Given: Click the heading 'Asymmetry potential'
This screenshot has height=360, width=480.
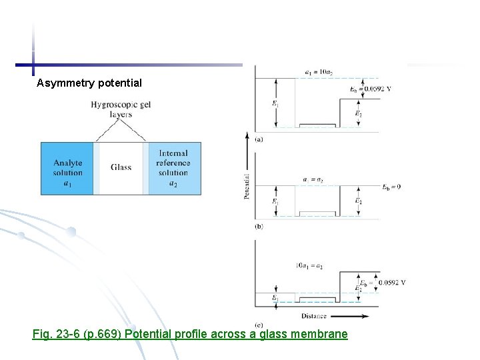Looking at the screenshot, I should pyautogui.click(x=89, y=83).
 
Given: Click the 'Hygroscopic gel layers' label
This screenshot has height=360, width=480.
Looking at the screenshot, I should pyautogui.click(x=121, y=109).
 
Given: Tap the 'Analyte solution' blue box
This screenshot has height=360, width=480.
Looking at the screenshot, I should pyautogui.click(x=67, y=167).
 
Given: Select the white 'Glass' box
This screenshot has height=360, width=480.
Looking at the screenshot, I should pyautogui.click(x=121, y=168).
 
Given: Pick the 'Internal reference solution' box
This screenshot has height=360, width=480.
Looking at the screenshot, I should pyautogui.click(x=173, y=167).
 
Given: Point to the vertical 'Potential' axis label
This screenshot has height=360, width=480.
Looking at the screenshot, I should pyautogui.click(x=247, y=187).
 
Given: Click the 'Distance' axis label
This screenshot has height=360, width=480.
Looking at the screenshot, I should pyautogui.click(x=314, y=315).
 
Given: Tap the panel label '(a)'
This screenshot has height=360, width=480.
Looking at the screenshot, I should pyautogui.click(x=259, y=139).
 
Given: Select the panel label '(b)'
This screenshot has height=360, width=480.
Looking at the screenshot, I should pyautogui.click(x=259, y=227).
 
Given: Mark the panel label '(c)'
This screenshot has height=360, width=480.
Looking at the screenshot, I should pyautogui.click(x=259, y=324).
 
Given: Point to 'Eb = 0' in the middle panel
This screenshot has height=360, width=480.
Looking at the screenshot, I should pyautogui.click(x=391, y=187).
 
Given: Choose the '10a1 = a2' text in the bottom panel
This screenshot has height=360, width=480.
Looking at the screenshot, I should pyautogui.click(x=310, y=266).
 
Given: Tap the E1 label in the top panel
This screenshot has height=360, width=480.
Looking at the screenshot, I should pyautogui.click(x=275, y=103).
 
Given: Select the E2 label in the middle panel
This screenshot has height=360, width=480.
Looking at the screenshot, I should pyautogui.click(x=358, y=201).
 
